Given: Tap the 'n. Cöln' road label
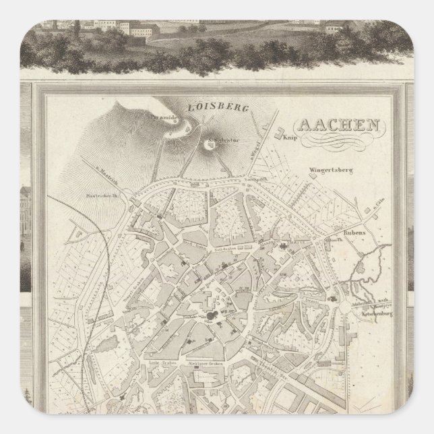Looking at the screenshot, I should pyautogui.click(x=380, y=210).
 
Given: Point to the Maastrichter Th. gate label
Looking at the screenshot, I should pyautogui.click(x=104, y=197).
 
